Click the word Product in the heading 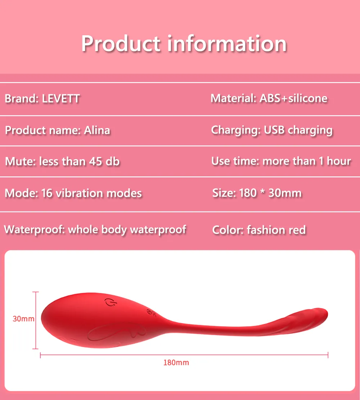tap(121, 44)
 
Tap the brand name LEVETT tap(61, 99)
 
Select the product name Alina tap(97, 130)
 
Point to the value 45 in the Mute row tap(96, 162)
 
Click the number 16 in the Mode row tap(47, 193)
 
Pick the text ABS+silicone tap(293, 98)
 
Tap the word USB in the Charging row tap(274, 130)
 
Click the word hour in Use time tap(339, 161)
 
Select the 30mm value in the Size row tap(285, 193)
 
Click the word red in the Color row tap(297, 230)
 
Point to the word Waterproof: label tap(35, 230)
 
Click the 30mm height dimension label tap(23, 319)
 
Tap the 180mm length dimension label tap(176, 363)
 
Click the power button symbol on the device tap(111, 302)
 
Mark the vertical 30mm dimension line tap(36, 320)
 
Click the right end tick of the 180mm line tap(328, 355)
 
